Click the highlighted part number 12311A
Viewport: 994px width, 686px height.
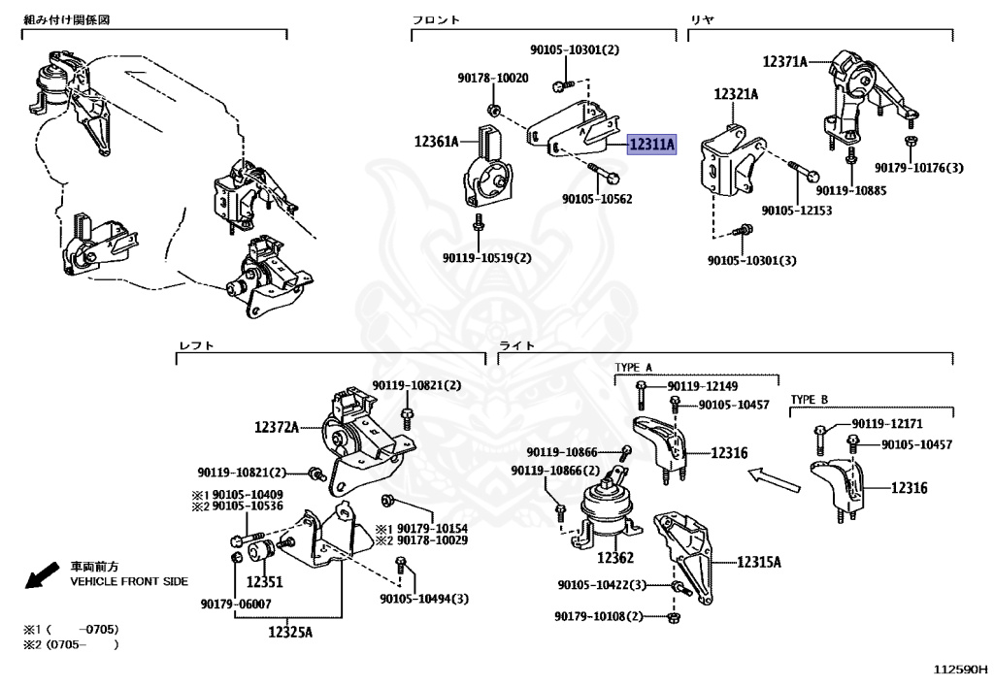(652, 146)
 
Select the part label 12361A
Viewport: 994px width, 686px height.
(436, 142)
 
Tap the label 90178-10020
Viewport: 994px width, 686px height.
(493, 78)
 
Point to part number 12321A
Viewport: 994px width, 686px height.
(736, 94)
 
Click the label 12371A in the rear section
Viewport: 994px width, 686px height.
(784, 61)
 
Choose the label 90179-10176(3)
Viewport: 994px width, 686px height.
(918, 168)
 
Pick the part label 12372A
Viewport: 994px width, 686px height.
(277, 426)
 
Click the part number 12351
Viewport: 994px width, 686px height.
(263, 582)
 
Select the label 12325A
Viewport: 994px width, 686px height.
(290, 633)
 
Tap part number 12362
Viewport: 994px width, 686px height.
(614, 558)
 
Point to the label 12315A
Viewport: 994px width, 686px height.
(759, 562)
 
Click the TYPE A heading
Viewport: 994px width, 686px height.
(634, 368)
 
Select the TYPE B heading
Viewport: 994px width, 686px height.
(809, 399)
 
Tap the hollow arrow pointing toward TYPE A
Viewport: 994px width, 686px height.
(767, 475)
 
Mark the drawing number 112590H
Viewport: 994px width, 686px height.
(960, 670)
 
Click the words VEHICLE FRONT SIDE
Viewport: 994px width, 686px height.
(129, 581)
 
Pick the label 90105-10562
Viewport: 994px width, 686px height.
(596, 199)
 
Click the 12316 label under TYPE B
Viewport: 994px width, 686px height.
(909, 488)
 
